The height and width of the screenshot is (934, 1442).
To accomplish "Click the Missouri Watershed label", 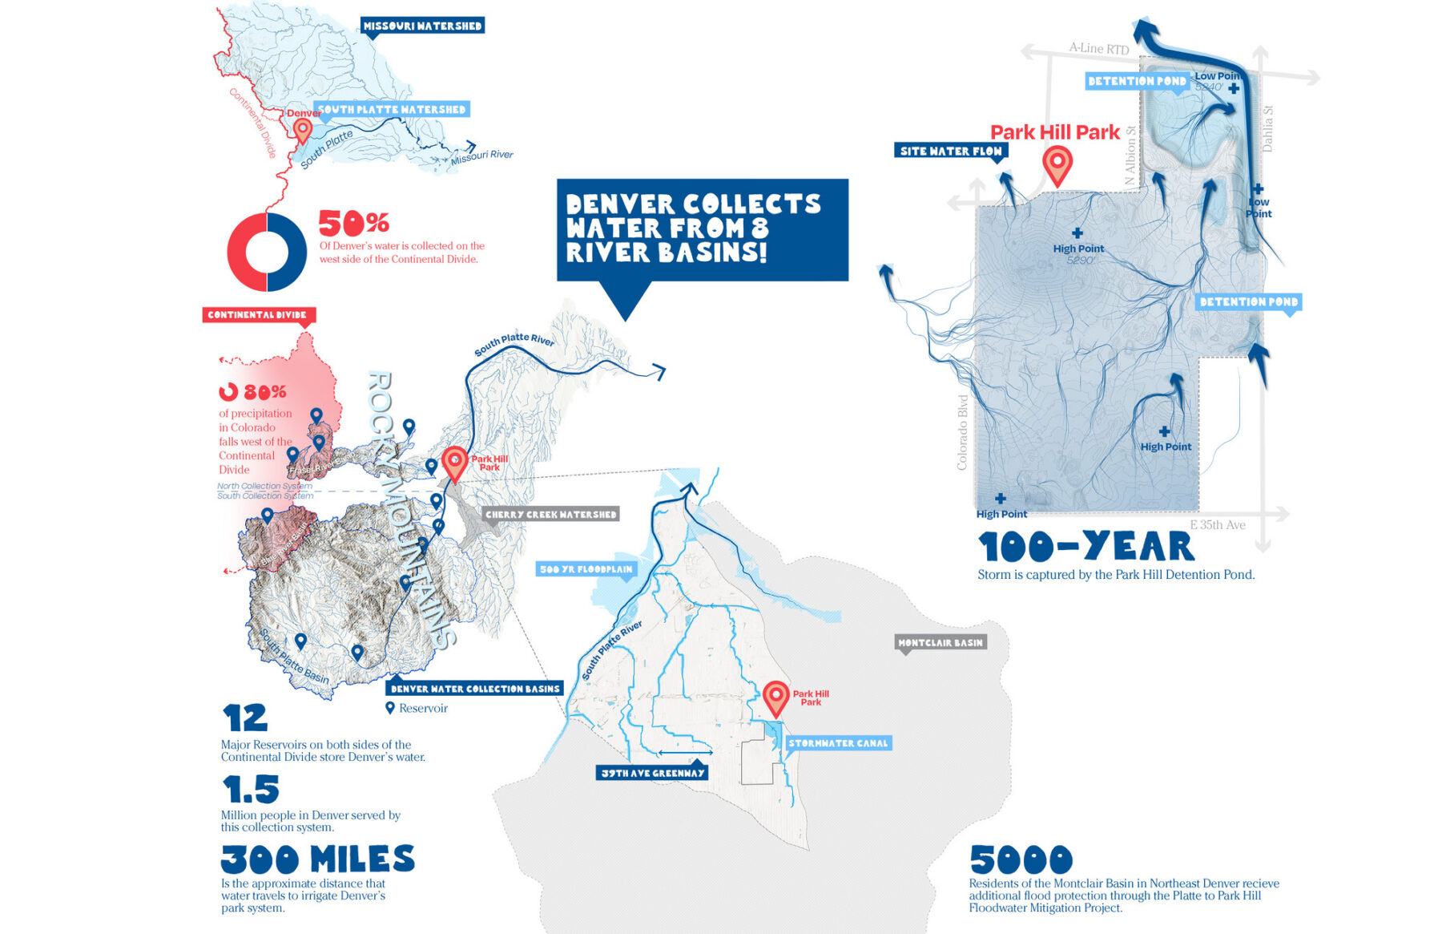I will tap(422, 26).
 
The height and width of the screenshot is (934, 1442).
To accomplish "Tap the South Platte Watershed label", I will tap(391, 109).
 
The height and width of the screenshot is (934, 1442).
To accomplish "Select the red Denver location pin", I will tap(302, 129).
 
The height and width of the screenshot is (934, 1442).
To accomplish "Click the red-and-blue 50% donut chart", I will tap(267, 252).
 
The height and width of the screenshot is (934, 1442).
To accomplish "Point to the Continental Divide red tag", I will tap(257, 315).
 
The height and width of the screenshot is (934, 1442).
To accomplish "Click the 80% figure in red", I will tap(264, 392).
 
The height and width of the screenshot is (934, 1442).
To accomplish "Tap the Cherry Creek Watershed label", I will tap(550, 514).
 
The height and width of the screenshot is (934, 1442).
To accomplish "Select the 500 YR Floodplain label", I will tap(586, 569).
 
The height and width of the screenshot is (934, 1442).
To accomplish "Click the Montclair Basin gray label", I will tap(940, 642).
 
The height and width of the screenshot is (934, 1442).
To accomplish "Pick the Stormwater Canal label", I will tap(838, 743).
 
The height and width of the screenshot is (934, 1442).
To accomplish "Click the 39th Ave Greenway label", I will tap(652, 773).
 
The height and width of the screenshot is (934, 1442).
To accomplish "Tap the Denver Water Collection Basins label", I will tap(474, 688).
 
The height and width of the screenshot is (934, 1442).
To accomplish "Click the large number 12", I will tap(244, 718).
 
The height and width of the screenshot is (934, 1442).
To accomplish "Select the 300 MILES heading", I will tap(317, 859).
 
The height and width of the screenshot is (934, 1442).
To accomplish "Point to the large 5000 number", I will tap(1021, 860).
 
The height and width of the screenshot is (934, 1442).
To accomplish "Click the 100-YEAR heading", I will tap(1086, 547).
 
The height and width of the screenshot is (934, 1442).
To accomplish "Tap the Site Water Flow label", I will tap(950, 151).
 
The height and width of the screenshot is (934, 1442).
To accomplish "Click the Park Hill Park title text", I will tap(1054, 132).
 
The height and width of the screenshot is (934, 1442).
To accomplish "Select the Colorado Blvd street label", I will tap(962, 432).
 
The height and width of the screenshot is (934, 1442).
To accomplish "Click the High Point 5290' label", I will tap(1078, 253).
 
